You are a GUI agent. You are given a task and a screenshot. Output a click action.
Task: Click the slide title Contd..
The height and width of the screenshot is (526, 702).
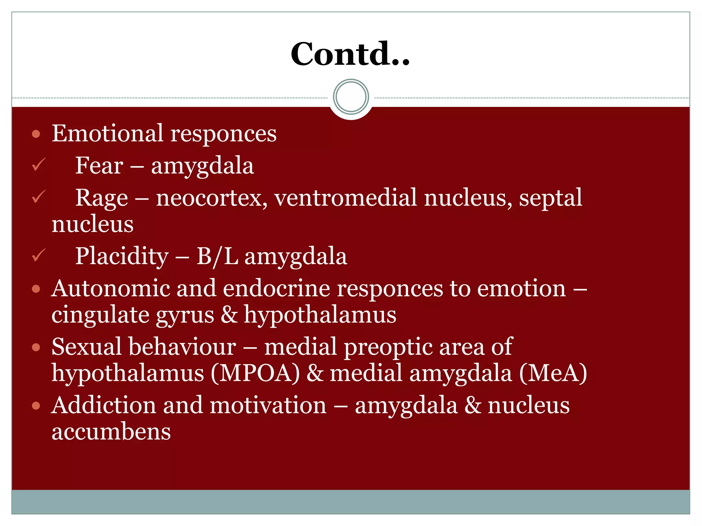pos(350,54)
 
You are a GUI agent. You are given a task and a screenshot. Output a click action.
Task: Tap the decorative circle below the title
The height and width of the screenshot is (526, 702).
pos(351,97)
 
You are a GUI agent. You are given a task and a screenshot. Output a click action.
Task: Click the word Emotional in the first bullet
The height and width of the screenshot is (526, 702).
pos(107,133)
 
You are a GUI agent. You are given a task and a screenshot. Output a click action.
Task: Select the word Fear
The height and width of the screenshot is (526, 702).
pos(99,166)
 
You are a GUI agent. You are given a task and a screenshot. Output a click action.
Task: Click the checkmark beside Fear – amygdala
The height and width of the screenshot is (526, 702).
pos(38,165)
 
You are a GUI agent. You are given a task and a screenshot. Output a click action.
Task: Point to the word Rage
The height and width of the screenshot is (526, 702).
pos(101,198)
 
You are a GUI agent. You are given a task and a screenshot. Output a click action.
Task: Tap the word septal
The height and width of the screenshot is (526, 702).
pos(550,198)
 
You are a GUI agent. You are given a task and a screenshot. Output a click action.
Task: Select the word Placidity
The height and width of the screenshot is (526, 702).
pos(122,256)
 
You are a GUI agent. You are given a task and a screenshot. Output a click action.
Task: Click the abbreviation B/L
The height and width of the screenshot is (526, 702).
pos(217,256)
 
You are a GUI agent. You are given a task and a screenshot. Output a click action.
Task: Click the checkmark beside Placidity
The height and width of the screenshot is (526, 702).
pos(38,255)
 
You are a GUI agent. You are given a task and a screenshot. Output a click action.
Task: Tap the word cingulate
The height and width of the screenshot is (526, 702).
pos(100,315)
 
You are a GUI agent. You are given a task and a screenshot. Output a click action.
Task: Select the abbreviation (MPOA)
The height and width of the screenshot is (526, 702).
pos(255,373)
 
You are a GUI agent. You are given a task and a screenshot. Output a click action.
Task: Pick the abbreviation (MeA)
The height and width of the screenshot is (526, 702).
pos(553,373)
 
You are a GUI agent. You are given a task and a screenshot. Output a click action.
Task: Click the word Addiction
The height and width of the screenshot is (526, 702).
pos(104,405)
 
